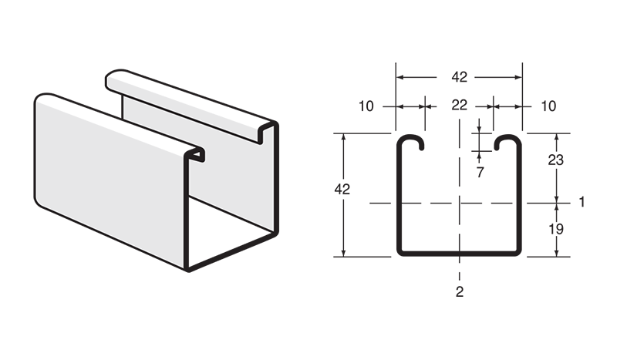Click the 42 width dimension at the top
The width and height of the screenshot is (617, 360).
tap(460, 77)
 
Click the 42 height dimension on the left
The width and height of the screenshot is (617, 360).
tap(342, 190)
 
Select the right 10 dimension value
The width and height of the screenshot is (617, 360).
tap(548, 106)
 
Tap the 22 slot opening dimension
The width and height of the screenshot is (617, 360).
tap(460, 106)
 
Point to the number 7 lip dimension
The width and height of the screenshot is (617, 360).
tap(480, 173)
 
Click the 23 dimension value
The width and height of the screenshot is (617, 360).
tap(555, 160)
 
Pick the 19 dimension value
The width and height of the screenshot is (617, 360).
tap(555, 229)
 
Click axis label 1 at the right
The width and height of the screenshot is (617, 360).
tap(582, 203)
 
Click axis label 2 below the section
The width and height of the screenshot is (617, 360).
tap(460, 291)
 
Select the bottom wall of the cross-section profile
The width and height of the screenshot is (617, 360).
tap(460, 253)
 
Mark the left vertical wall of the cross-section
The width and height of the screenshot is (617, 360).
tap(399, 200)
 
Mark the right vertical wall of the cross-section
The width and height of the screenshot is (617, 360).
tap(521, 200)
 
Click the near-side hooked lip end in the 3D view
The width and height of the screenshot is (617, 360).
tap(197, 153)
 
